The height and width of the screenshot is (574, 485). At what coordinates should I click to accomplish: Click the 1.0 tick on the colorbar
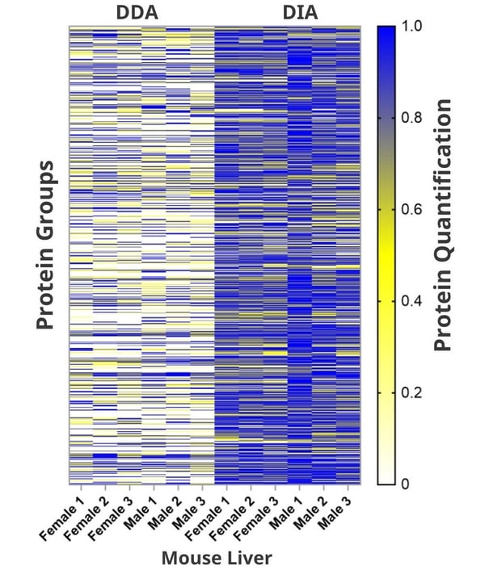coord(412,27)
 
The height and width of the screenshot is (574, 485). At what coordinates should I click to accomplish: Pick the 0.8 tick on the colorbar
coord(412,118)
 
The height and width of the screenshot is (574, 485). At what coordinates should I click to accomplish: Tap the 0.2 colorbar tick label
coord(412,392)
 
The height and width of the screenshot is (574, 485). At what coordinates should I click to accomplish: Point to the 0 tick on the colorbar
coord(406,484)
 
